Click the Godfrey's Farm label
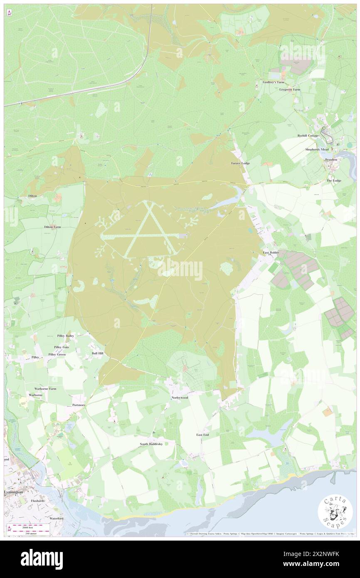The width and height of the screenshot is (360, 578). [x=273, y=82]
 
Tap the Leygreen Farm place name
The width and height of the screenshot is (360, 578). [x=289, y=89]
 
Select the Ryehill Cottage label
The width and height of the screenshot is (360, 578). [x=308, y=136]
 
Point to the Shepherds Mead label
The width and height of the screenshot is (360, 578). [x=317, y=149]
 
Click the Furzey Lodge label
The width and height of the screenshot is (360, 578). [x=241, y=163]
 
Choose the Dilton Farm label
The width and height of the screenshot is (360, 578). [x=52, y=227]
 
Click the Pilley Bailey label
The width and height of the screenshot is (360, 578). [x=66, y=335]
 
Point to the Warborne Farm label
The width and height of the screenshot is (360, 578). [x=45, y=388]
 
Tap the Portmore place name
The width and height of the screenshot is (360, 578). [x=79, y=405]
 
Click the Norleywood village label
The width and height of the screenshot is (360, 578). [x=180, y=398]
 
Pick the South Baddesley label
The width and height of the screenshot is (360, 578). [x=150, y=444]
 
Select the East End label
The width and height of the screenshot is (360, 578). [x=202, y=435]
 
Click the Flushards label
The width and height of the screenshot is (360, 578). [x=37, y=501]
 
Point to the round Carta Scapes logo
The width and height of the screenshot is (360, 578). [x=335, y=512]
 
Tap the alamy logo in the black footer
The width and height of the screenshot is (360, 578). [x=42, y=559]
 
